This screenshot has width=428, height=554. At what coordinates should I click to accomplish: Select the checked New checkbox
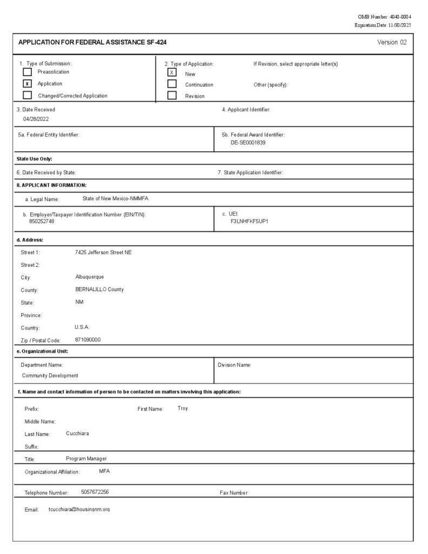point(172,72)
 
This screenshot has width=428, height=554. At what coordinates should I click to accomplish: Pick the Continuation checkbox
point(172,84)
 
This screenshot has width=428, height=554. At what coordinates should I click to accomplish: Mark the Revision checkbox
point(172,96)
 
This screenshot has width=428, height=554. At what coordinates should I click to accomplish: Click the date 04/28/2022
point(36,118)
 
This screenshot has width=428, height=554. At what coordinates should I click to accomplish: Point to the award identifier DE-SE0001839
point(248,143)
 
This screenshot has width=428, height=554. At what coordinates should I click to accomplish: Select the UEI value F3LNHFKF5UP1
point(249,222)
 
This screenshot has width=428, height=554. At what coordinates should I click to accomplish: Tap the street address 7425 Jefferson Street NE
point(103,252)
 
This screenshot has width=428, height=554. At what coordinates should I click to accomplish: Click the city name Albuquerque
point(89,277)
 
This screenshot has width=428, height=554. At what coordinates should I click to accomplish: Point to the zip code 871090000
point(88,340)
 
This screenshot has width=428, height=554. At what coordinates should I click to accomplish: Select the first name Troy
point(183,408)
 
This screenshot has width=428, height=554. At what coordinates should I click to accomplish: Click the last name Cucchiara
point(77,433)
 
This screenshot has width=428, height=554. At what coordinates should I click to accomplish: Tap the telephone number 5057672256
point(95,492)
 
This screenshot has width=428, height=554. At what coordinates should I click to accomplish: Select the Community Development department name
point(50,375)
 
